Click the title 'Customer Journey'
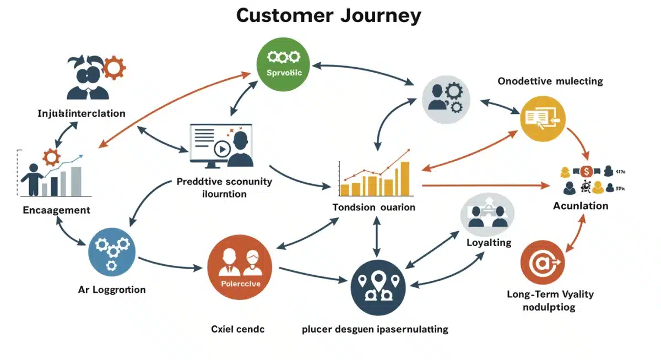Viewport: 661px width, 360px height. pos(328,15)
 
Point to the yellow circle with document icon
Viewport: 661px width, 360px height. pos(542,117)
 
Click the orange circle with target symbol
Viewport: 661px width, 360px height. pos(543,264)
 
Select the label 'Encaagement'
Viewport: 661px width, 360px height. pos(57,210)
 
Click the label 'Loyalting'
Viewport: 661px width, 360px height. pos(489,242)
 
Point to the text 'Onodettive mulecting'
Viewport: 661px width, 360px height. pos(550,81)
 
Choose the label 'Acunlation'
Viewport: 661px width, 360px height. pos(581,206)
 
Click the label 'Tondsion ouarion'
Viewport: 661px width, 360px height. pos(374,208)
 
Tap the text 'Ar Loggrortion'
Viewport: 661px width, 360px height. pos(112,290)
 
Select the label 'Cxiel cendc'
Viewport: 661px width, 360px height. pos(238,329)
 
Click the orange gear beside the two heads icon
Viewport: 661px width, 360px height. pos(115,68)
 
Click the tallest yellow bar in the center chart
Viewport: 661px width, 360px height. pos(405,179)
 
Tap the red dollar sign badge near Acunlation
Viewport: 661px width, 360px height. pos(586,171)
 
